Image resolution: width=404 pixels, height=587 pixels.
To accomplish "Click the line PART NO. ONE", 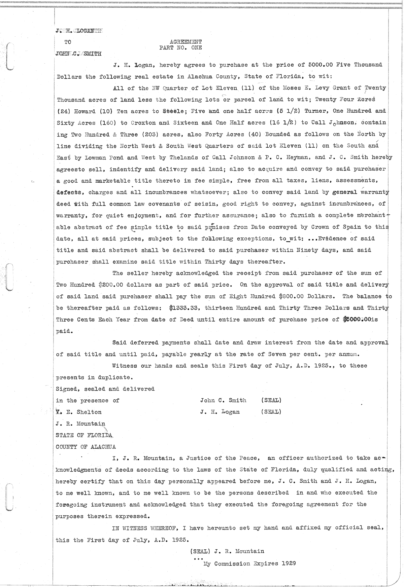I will point(180,47).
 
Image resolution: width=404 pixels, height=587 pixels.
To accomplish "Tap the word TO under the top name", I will point(68,42).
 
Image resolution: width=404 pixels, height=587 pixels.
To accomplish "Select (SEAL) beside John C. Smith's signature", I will point(271,400).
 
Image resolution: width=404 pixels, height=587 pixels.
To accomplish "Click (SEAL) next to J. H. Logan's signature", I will point(271,412).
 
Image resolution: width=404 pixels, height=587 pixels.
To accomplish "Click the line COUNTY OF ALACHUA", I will point(86,447).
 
